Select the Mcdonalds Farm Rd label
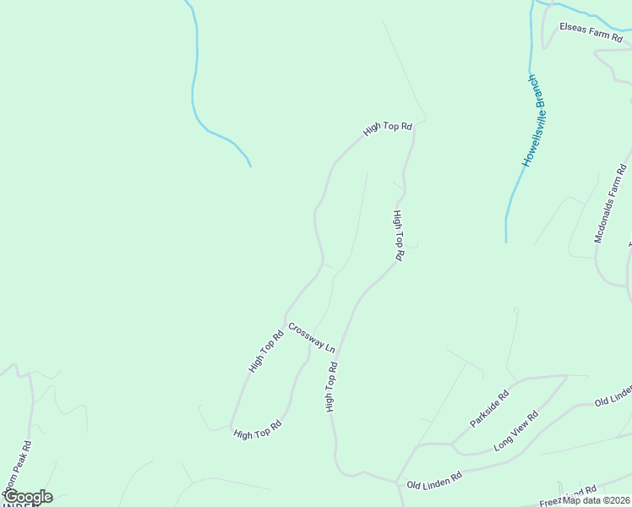[x=611, y=203]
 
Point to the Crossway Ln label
[x=312, y=337]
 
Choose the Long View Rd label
[x=515, y=432]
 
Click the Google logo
[x=28, y=497]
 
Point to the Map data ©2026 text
[x=597, y=500]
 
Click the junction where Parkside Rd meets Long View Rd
[x=453, y=443]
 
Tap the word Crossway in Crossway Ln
[x=305, y=333]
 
